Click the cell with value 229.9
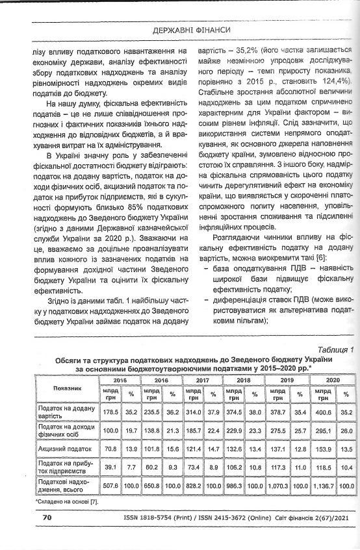point(236,430)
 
